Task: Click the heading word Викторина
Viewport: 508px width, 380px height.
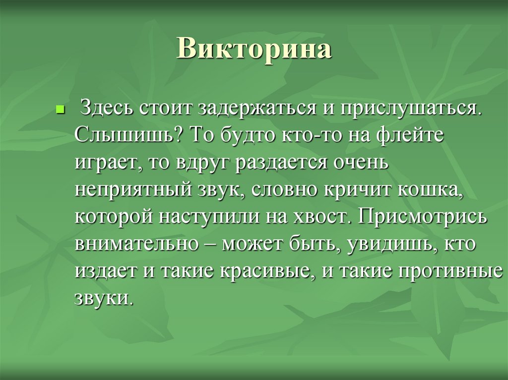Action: coord(254,50)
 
